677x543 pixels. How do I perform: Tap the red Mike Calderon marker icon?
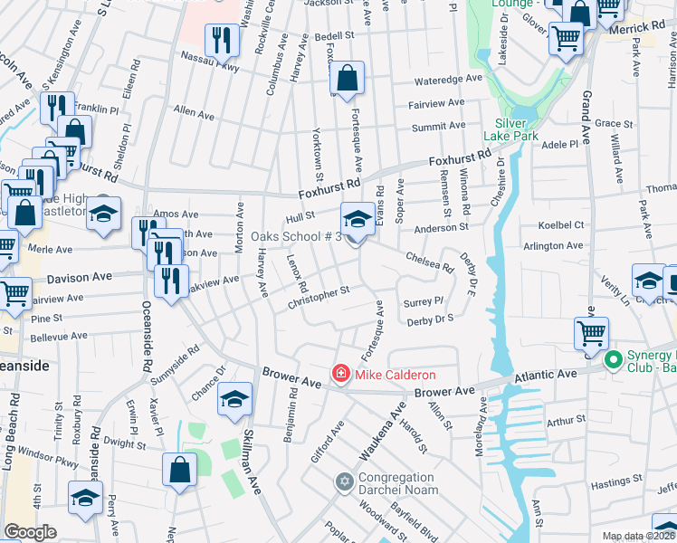(341, 373)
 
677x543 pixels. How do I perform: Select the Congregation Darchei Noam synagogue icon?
(343, 479)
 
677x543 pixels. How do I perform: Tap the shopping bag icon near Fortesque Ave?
(347, 80)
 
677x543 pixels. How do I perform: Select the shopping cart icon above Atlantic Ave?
(591, 333)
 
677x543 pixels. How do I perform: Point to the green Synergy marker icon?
(613, 361)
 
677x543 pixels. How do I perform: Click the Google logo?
(30, 531)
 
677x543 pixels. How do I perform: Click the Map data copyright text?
(638, 536)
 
